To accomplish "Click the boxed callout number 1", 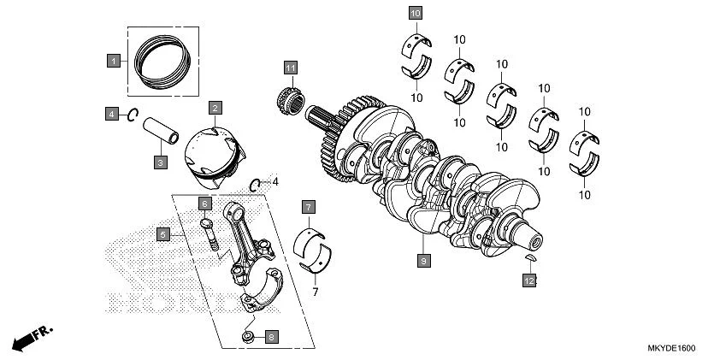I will (x=113, y=61).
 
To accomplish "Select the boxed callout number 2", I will (x=215, y=108).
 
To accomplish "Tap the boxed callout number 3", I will (x=160, y=161).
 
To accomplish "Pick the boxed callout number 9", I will (x=422, y=257).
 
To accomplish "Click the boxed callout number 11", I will (x=291, y=68).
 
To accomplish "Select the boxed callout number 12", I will (x=529, y=280).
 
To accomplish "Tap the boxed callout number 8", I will (x=271, y=337).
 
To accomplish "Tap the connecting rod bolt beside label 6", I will (x=208, y=233).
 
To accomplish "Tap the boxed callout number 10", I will (x=415, y=13).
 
